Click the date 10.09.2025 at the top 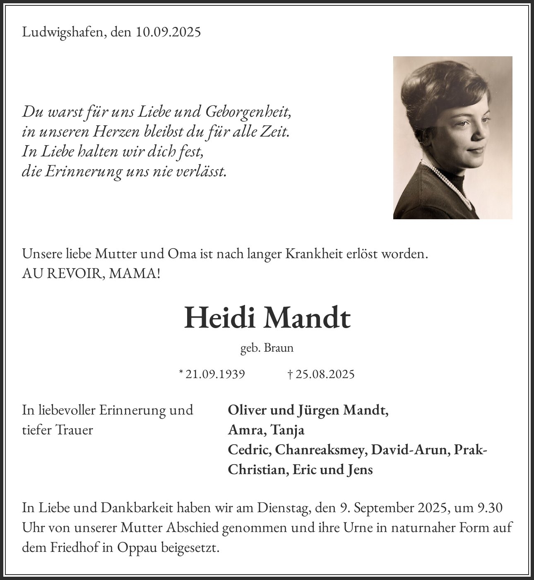(168, 32)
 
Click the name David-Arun (410, 450)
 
